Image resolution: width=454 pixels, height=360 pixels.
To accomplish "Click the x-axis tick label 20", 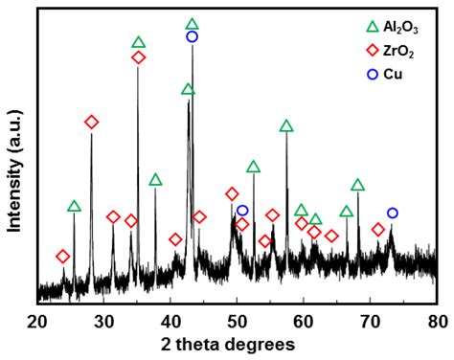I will tap(37, 319).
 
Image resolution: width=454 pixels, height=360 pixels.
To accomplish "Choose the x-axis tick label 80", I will tap(437, 319).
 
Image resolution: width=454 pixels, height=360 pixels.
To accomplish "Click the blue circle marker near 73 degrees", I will tap(392, 213).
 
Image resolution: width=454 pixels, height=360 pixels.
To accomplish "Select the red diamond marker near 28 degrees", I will tap(91, 122).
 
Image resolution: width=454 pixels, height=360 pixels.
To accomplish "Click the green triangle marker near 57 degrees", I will tap(285, 126).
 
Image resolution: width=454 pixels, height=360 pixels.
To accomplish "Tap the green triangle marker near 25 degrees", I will tap(74, 207).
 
